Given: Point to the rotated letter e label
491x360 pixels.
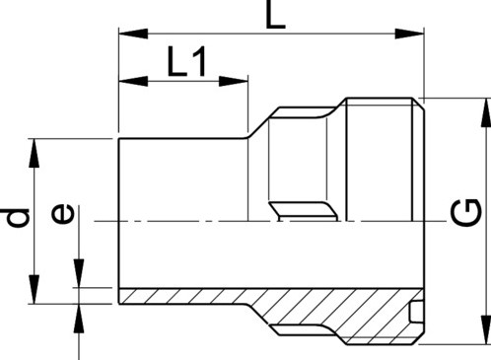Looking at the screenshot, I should (x=62, y=213).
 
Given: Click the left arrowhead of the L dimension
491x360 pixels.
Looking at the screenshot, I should (x=125, y=34).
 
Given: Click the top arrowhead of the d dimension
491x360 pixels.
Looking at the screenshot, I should (x=37, y=146).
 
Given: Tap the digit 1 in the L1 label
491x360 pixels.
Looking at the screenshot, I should (x=199, y=63).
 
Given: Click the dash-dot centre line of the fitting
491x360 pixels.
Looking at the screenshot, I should (x=197, y=220).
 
